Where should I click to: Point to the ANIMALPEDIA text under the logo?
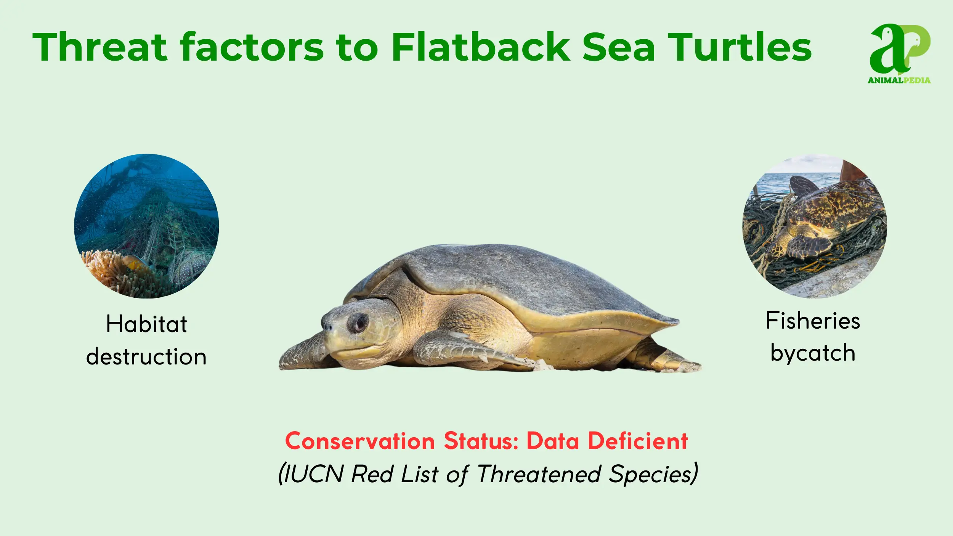coord(899,80)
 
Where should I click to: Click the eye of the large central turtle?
coord(358,323)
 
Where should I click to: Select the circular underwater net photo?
coord(146,226)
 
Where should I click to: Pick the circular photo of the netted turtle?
coord(815,226)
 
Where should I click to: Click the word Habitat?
coord(147,324)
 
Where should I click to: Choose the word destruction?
coord(146,357)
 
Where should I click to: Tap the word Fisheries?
coord(813,321)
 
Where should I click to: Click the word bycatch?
coord(813,353)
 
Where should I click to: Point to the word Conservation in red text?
coord(360,441)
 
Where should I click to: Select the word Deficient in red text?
coord(638,441)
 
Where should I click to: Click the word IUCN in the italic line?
coord(314,474)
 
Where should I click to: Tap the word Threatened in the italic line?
coord(539,474)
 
